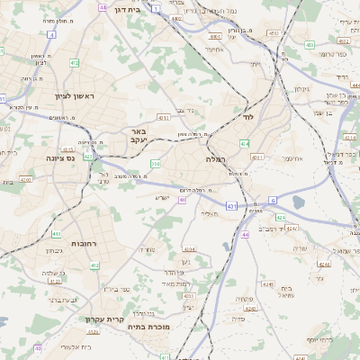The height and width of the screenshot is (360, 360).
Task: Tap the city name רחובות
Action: pyautogui.click(x=95, y=243)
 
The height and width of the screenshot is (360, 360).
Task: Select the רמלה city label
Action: pyautogui.click(x=214, y=157)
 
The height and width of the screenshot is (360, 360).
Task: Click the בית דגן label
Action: pyautogui.click(x=130, y=7)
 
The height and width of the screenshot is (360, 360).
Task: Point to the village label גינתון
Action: pyautogui.click(x=301, y=89)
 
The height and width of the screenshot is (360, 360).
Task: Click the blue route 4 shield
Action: pyautogui.click(x=51, y=34)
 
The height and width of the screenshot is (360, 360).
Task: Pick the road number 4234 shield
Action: pyautogui.click(x=188, y=248)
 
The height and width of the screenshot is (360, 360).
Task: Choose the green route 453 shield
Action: pyautogui.click(x=309, y=43)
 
